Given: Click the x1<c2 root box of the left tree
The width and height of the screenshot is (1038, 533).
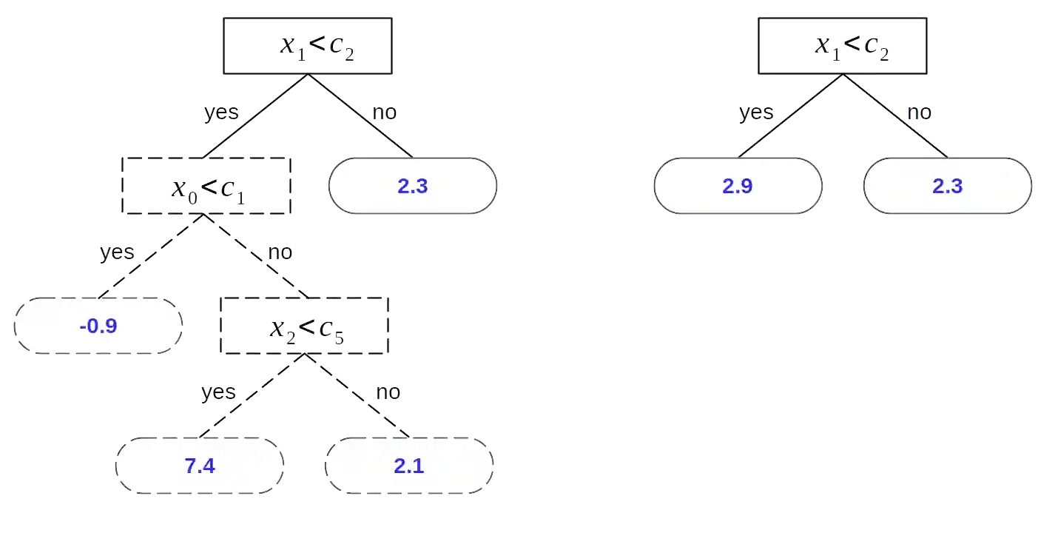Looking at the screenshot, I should pyautogui.click(x=308, y=46).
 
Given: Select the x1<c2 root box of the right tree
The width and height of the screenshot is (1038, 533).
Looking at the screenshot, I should pyautogui.click(x=843, y=46).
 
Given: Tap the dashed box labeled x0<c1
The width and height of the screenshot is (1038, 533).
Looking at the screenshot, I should pyautogui.click(x=207, y=186).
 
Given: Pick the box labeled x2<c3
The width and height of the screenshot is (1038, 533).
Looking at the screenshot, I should pyautogui.click(x=305, y=326).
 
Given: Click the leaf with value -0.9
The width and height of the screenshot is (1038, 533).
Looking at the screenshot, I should pyautogui.click(x=98, y=326).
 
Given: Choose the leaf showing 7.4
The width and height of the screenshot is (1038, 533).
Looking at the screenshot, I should pyautogui.click(x=199, y=466).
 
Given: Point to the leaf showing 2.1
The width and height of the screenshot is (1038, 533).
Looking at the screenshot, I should pyautogui.click(x=409, y=466).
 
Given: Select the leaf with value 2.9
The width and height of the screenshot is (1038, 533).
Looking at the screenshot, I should pyautogui.click(x=737, y=186).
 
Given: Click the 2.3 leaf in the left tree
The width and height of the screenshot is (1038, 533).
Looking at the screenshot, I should pyautogui.click(x=412, y=186).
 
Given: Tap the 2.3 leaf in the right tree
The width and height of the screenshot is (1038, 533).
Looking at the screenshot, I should pyautogui.click(x=947, y=186).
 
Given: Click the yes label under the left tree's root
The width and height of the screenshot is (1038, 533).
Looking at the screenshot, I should pyautogui.click(x=220, y=113).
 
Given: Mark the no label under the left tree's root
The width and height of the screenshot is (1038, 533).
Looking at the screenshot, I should pyautogui.click(x=385, y=113).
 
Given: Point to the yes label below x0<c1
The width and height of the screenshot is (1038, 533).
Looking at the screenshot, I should pyautogui.click(x=117, y=252).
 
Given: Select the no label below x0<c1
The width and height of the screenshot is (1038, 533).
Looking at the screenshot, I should pyautogui.click(x=280, y=252).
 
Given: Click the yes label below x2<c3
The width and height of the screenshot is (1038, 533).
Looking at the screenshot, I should pyautogui.click(x=218, y=392).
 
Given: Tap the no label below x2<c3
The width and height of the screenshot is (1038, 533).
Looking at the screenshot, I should pyautogui.click(x=387, y=392).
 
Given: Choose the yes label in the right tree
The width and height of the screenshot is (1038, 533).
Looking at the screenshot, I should pyautogui.click(x=756, y=113).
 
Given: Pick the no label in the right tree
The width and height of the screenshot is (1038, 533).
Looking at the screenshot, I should pyautogui.click(x=920, y=113).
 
